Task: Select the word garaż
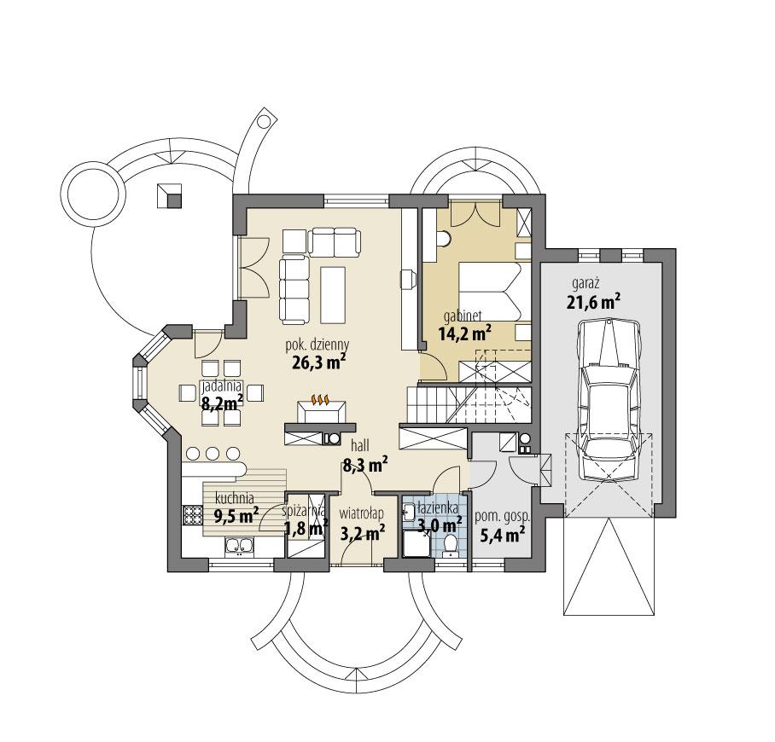pos(580,284)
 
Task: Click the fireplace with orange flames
pos(320,409)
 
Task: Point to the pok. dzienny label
pos(318,345)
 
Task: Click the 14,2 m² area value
pos(463,333)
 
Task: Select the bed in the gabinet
pos(490,291)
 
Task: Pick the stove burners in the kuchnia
pos(190,515)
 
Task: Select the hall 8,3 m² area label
pos(365,465)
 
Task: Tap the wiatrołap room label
pos(361,513)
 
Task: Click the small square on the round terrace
pos(170,195)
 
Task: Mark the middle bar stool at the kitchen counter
pos(213,453)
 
